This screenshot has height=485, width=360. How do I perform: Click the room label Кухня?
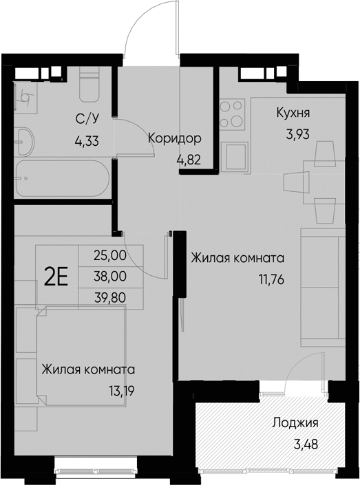coord(293,113)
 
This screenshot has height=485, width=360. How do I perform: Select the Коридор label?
coord(174,138)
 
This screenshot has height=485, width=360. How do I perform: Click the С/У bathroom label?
coord(86,120)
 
